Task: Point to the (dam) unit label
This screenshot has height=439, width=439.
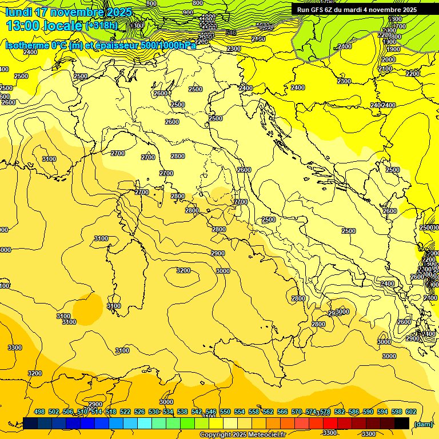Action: pyautogui.click(x=423, y=424)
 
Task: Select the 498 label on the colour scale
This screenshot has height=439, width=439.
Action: pyautogui.click(x=39, y=412)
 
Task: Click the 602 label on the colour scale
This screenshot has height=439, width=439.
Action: pyautogui.click(x=411, y=412)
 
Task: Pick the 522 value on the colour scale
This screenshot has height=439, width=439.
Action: pyautogui.click(x=125, y=412)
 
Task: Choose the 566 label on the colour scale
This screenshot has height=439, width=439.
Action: pyautogui.click(x=282, y=412)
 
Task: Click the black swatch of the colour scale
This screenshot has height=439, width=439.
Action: pyautogui.click(x=402, y=423)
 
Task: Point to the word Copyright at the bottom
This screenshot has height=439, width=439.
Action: pyautogui.click(x=216, y=435)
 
